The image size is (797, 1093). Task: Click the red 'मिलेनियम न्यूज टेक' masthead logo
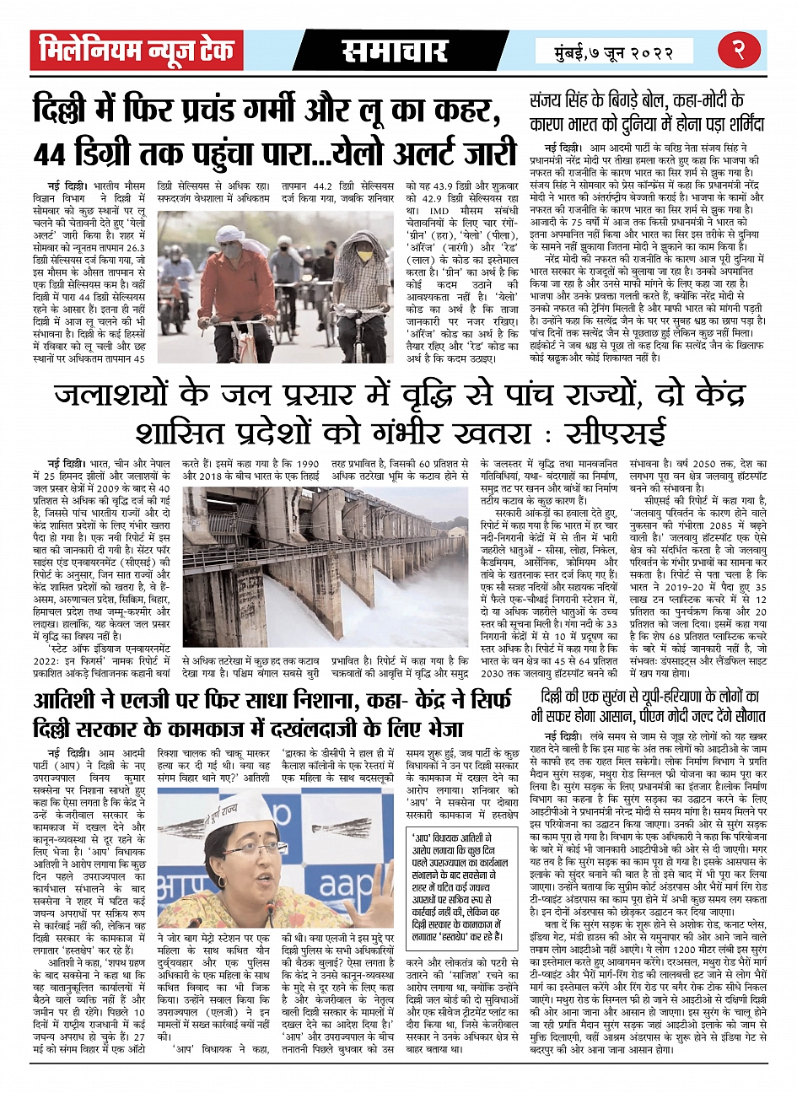click(x=137, y=51)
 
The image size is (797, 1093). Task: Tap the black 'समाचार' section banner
click(x=394, y=51)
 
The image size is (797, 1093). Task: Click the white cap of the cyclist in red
click(x=229, y=234)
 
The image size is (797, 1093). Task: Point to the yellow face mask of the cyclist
click(x=364, y=252)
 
